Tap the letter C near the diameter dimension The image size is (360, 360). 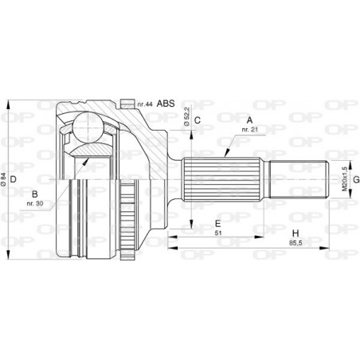coord(198,121)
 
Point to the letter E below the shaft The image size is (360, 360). coord(217,224)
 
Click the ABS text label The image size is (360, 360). coord(166,104)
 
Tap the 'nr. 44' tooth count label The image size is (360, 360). coord(143,104)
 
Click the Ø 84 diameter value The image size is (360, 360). coord(5,181)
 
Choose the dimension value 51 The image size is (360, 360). coord(217,235)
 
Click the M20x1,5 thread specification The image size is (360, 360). coord(345,180)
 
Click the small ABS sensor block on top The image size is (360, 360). coord(126,102)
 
